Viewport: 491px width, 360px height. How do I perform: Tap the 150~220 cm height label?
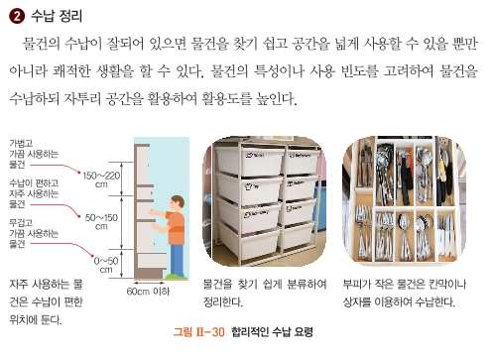point(102,179)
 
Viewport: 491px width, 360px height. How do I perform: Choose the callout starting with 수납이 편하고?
point(35,193)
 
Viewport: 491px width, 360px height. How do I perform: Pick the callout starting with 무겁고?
point(34,233)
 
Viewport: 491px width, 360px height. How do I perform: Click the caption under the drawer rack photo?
point(265,292)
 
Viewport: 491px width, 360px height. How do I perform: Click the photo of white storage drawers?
point(267,199)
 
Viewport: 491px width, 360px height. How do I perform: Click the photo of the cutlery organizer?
point(409,199)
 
